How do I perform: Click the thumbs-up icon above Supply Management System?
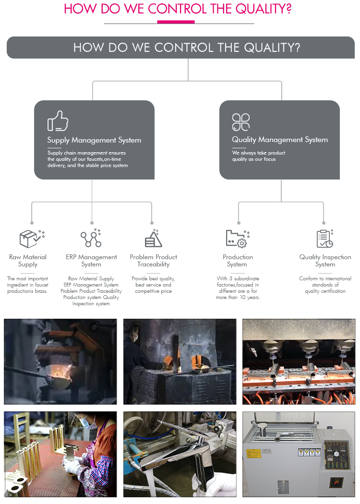58,121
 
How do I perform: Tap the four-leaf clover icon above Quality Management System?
240,122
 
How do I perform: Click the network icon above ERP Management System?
91,238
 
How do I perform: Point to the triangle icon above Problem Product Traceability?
153,238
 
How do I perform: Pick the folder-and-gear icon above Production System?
237,238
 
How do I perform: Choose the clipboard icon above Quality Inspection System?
324,238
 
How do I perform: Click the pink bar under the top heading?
176,22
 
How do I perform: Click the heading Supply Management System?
94,140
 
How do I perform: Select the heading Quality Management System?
280,140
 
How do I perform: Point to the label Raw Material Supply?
28,261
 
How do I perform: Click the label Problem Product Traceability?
153,261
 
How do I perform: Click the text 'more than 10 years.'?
238,298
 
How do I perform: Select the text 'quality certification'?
325,291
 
